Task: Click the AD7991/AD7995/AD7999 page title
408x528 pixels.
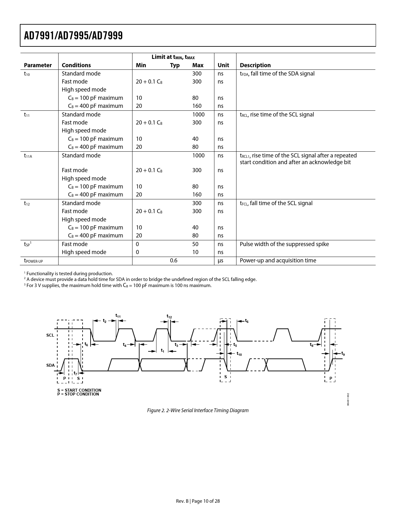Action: tap(73, 36)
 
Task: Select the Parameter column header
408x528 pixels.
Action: tap(38, 65)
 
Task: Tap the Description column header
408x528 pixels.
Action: tap(255, 65)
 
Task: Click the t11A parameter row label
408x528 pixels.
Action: tap(28, 156)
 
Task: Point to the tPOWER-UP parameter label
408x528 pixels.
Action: tap(33, 261)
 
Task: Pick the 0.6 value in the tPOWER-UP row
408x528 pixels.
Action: tap(173, 260)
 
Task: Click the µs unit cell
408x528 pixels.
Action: tap(220, 260)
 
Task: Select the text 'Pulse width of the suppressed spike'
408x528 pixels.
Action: tap(284, 244)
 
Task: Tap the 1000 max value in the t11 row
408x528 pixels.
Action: tap(198, 115)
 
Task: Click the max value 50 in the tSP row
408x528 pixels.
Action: tap(195, 244)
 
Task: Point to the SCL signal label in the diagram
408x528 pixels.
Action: tap(50, 335)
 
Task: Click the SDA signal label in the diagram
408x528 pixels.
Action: tap(50, 365)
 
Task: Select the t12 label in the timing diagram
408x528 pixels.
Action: tap(169, 316)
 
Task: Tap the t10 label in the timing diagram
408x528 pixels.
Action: tap(239, 354)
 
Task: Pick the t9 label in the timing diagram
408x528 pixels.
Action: tap(343, 354)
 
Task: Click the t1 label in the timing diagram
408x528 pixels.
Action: tap(163, 351)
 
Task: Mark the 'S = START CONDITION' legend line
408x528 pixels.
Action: tap(79, 390)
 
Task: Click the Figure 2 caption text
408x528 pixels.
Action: tap(198, 410)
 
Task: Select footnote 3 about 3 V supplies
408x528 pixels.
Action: tap(118, 285)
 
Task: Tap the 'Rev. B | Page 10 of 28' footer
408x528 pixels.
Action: tap(198, 501)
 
